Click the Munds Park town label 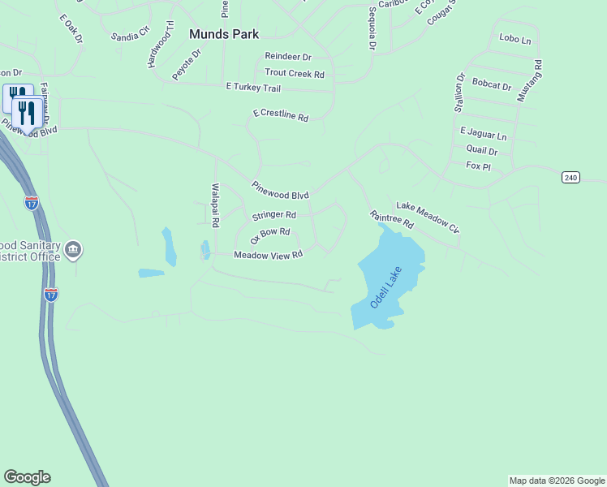[224, 34]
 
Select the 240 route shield [571, 177]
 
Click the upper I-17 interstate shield [32, 202]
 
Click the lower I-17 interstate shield [51, 294]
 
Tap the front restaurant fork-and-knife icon [28, 113]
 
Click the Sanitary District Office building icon [74, 248]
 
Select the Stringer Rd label [273, 215]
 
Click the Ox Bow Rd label [270, 235]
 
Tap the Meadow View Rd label [268, 255]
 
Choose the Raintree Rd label [391, 219]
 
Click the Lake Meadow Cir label [428, 218]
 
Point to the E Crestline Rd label [281, 116]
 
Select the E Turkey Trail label [253, 88]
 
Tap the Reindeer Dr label [288, 57]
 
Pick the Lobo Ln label [515, 39]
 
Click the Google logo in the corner [27, 477]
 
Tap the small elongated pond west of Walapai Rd [170, 247]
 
